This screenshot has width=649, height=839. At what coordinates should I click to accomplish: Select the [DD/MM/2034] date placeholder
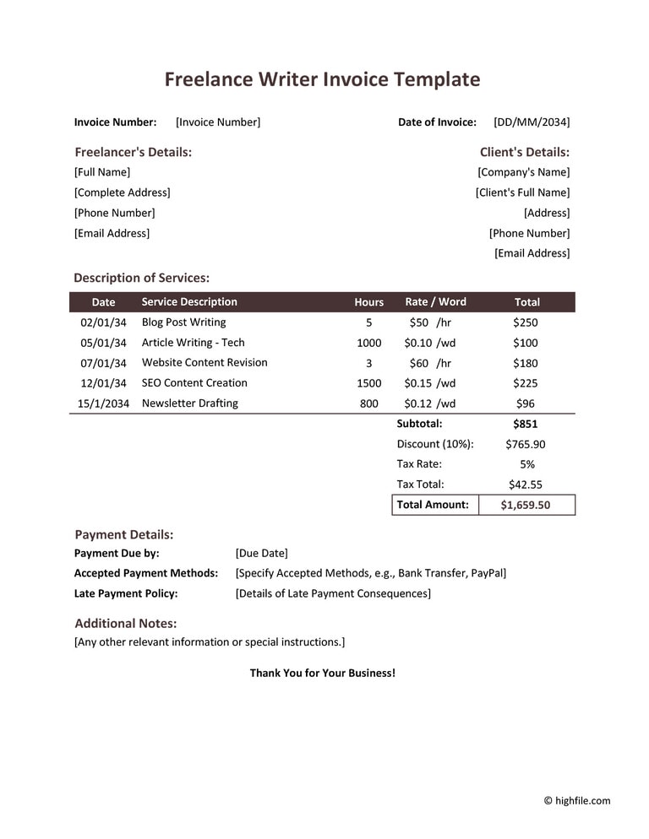click(532, 122)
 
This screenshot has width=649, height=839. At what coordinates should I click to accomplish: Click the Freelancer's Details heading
click(134, 152)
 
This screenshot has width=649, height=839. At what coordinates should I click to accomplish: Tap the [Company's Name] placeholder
click(524, 172)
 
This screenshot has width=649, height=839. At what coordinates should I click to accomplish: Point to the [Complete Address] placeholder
click(123, 192)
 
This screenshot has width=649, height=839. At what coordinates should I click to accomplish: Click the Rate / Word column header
click(435, 302)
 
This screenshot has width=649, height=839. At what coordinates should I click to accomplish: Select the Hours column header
click(368, 302)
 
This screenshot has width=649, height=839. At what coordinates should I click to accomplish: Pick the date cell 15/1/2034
click(103, 403)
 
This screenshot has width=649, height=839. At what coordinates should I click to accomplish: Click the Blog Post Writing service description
click(183, 322)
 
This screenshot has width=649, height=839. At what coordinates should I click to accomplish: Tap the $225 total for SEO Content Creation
click(526, 383)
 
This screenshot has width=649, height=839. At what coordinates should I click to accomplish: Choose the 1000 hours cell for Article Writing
click(368, 343)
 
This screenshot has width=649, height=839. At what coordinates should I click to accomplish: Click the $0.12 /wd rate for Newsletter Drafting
click(429, 403)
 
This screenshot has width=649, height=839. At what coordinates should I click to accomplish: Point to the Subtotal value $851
click(526, 424)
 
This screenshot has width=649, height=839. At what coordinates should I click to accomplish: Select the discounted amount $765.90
click(526, 444)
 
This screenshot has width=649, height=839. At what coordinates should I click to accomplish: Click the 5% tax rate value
click(526, 464)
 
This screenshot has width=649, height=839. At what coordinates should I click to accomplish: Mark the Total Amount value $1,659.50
click(526, 505)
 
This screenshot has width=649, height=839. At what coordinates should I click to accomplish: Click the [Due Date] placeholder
click(261, 554)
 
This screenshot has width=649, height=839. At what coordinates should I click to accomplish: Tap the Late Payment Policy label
click(126, 593)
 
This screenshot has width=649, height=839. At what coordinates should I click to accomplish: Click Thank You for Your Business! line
click(322, 674)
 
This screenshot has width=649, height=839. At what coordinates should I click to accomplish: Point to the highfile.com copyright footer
click(576, 801)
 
